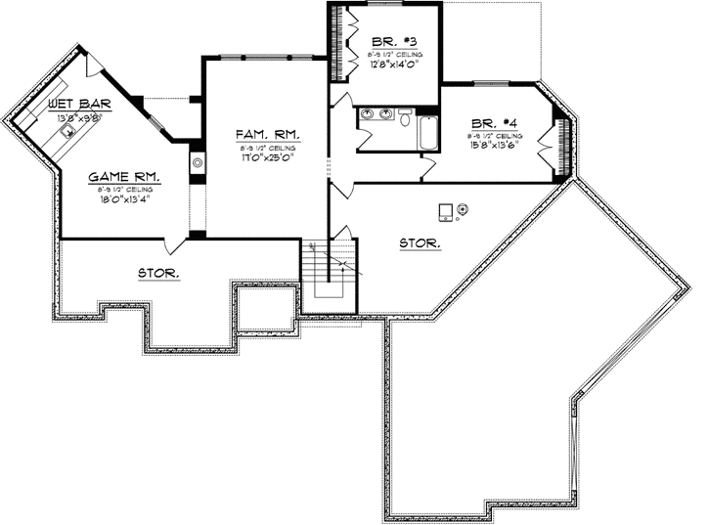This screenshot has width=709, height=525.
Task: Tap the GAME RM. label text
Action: tap(123, 177)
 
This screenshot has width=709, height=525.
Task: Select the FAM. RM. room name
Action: tap(267, 133)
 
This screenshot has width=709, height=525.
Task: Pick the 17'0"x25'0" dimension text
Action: tap(267, 157)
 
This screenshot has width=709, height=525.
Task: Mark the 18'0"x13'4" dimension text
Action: tap(124, 201)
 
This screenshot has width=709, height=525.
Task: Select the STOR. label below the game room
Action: tap(158, 275)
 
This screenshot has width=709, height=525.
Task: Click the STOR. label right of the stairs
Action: tap(421, 241)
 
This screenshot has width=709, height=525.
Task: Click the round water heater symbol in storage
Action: tap(463, 207)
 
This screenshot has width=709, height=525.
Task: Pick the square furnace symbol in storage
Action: tap(446, 211)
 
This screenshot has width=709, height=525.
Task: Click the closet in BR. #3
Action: tap(345, 43)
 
